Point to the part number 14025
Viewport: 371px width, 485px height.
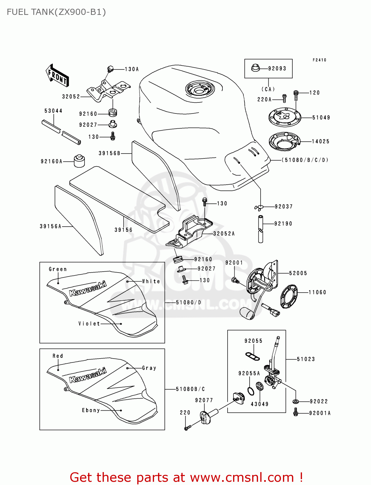click(x=320, y=141)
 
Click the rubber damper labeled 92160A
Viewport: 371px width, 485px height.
click(x=79, y=161)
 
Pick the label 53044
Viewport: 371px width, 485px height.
click(x=53, y=111)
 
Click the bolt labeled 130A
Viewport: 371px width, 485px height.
click(x=110, y=69)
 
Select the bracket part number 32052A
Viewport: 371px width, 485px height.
click(x=224, y=233)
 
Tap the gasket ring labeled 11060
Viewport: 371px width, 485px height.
click(x=289, y=296)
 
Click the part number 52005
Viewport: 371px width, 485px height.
click(x=298, y=273)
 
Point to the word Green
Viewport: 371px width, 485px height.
click(x=58, y=269)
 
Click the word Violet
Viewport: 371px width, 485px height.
click(x=89, y=323)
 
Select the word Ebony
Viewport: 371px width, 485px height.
click(x=91, y=410)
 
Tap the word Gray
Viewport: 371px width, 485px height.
click(x=149, y=368)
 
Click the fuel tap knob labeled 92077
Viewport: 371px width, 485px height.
click(x=206, y=417)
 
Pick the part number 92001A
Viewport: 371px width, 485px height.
click(x=320, y=413)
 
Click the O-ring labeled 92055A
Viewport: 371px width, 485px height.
click(x=251, y=391)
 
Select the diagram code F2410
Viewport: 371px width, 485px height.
click(x=319, y=60)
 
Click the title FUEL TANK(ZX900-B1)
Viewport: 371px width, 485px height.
click(x=56, y=12)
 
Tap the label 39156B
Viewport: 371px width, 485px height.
click(x=109, y=153)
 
